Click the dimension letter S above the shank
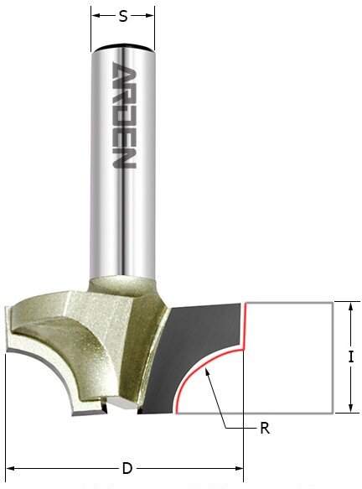click(x=123, y=15)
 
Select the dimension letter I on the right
click(x=351, y=356)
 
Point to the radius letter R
click(x=265, y=428)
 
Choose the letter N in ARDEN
click(x=123, y=159)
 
